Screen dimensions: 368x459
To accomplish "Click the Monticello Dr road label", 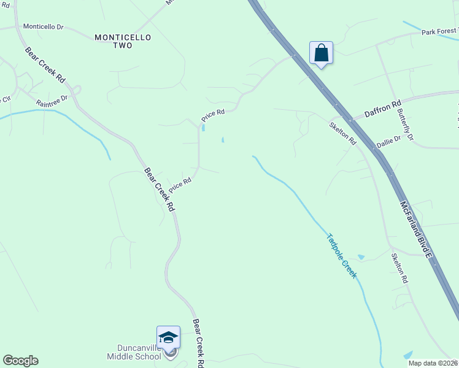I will coord(44,27).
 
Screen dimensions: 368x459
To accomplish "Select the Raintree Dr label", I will coord(51,101).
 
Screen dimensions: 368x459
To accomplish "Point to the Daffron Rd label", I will coord(382,107).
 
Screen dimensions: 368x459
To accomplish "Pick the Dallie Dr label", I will coord(388,142).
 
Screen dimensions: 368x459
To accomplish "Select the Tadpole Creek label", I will coord(341,255).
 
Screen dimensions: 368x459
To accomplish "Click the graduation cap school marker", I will coord(168,337).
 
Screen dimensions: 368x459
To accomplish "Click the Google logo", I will coord(20,361).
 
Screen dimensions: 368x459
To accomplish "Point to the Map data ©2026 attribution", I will coord(433,363).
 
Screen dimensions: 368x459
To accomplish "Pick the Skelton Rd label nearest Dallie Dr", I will coord(342,133).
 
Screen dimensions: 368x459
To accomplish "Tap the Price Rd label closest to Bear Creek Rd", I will coord(180,183).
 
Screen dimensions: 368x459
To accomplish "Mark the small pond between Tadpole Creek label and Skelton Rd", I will coord(361,256).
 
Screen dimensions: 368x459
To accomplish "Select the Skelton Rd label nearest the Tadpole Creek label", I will coord(399,268).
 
